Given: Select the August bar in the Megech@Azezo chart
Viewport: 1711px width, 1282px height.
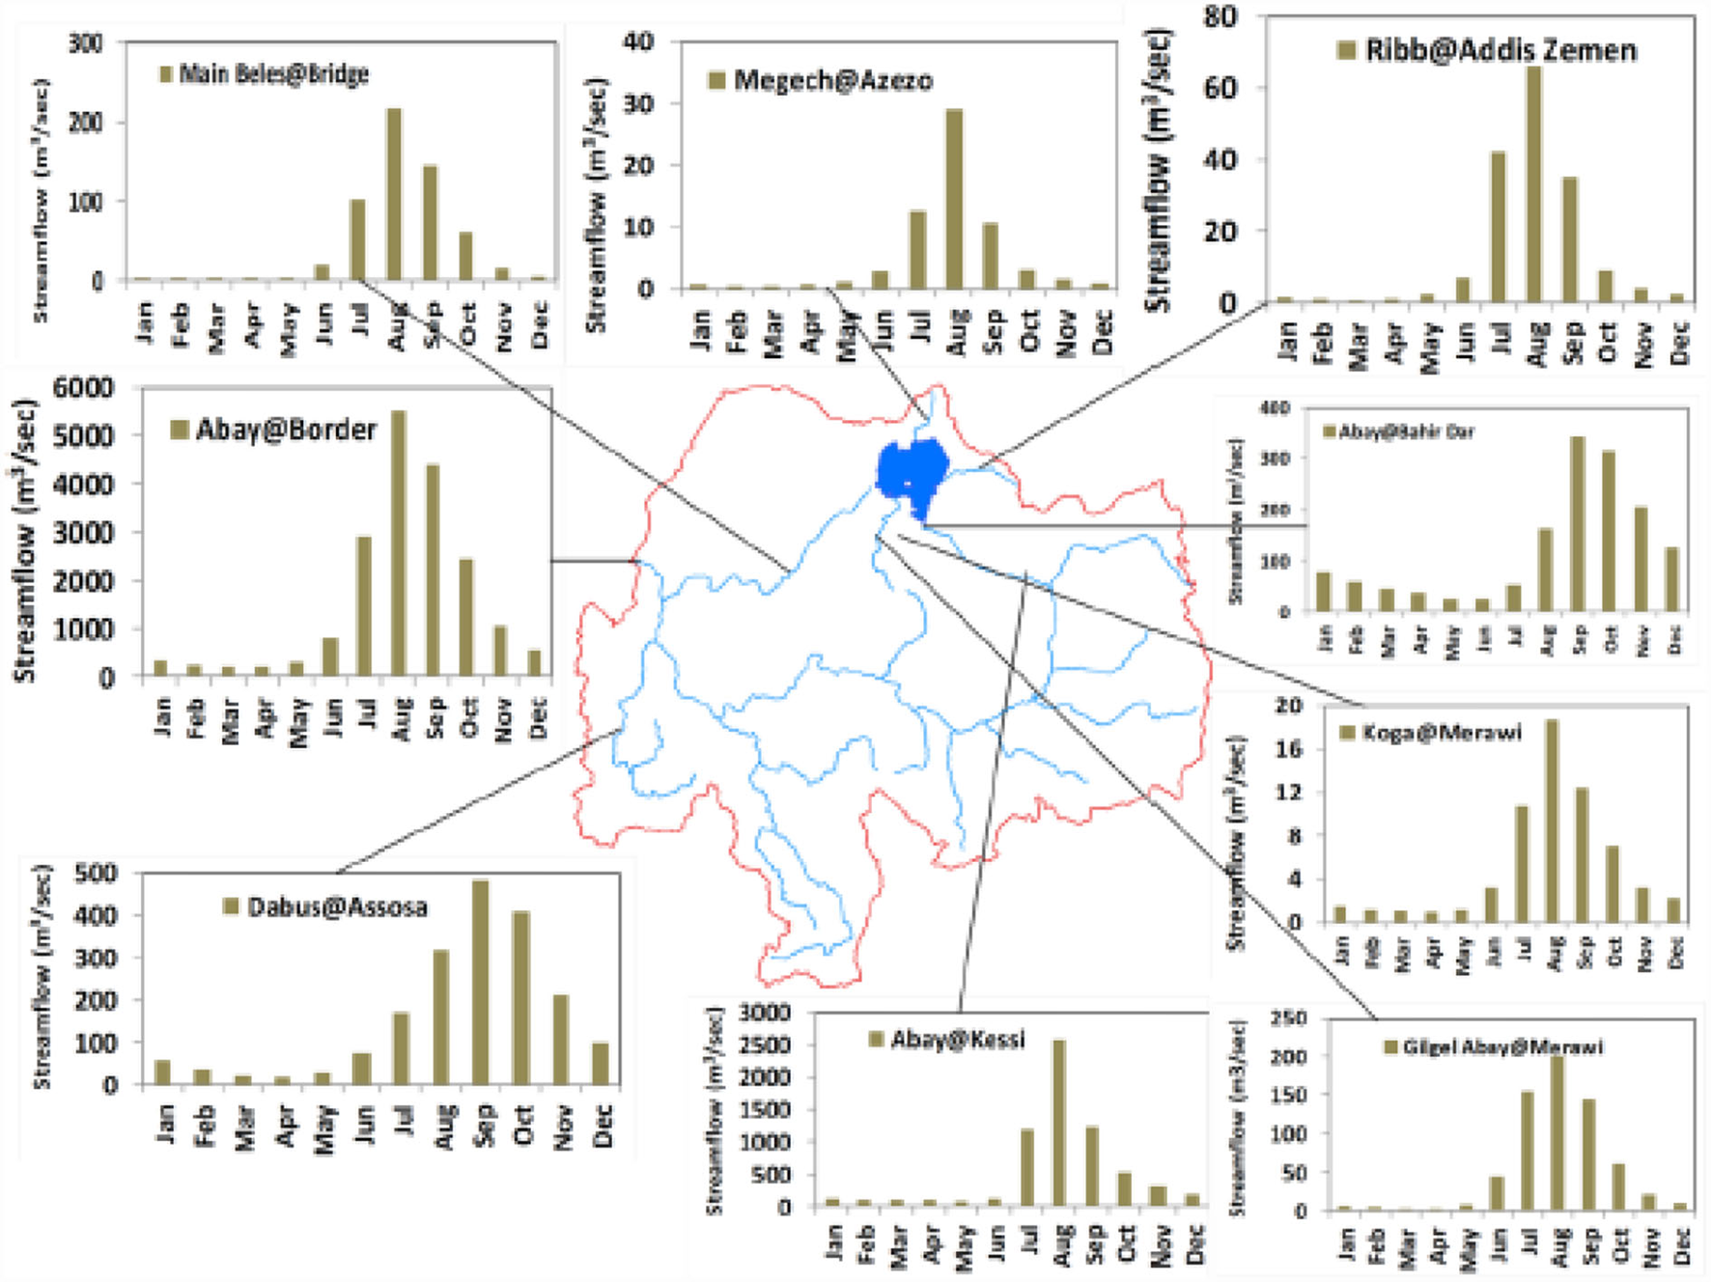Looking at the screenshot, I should click(955, 199).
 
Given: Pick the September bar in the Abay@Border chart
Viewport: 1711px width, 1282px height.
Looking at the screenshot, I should click(433, 570).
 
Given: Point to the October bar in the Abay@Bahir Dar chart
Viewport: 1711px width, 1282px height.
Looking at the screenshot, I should click(1609, 531).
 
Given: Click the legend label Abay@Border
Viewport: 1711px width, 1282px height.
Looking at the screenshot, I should click(286, 430).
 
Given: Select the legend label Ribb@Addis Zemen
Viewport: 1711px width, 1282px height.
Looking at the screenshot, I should click(1501, 50).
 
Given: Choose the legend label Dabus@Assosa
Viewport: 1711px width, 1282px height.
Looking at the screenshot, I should click(337, 907).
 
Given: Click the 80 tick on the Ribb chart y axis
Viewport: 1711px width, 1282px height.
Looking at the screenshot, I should click(1220, 17).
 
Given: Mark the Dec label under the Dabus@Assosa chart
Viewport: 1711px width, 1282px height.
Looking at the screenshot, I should click(603, 1126).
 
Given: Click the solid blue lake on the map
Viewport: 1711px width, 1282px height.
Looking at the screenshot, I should click(911, 471).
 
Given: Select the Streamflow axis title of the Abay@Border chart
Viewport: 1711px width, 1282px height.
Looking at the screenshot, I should click(25, 541).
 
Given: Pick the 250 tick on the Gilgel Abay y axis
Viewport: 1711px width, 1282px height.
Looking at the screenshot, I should click(1289, 1018).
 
